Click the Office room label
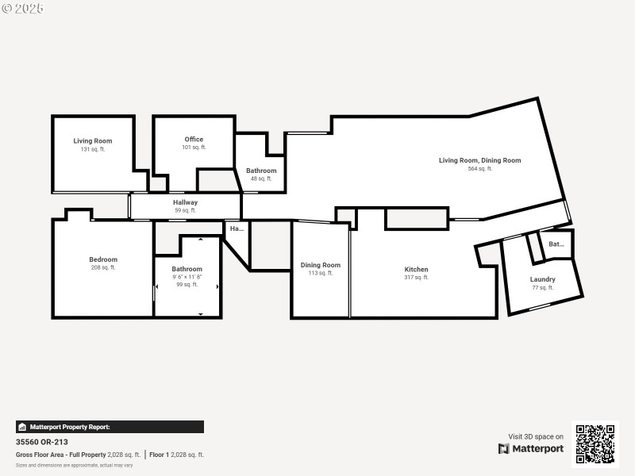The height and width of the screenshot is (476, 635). [x=194, y=140]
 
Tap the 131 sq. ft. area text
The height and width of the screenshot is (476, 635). [x=93, y=149]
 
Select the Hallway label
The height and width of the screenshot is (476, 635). [x=186, y=202]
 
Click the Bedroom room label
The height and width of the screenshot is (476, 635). [x=103, y=259]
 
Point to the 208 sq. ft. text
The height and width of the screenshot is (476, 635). [x=103, y=268]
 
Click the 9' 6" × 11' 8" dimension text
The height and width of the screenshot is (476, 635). [x=187, y=277]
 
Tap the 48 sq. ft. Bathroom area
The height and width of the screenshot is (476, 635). [x=261, y=178]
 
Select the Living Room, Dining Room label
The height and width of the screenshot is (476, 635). [x=479, y=160]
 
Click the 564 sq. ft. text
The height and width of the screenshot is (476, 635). [x=479, y=169]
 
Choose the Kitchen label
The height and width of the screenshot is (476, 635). [x=416, y=270]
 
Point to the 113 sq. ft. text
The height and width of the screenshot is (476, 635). [x=321, y=273]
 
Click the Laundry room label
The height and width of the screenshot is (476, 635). [x=543, y=279]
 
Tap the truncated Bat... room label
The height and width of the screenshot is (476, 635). [x=556, y=244]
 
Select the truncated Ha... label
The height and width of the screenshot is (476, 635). [x=237, y=228]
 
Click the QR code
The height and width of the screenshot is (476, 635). [x=595, y=443]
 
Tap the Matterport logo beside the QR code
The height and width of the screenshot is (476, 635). [x=531, y=448]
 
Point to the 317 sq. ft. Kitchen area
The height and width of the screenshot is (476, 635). [x=416, y=278]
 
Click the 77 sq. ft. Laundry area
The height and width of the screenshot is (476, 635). [x=543, y=287]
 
